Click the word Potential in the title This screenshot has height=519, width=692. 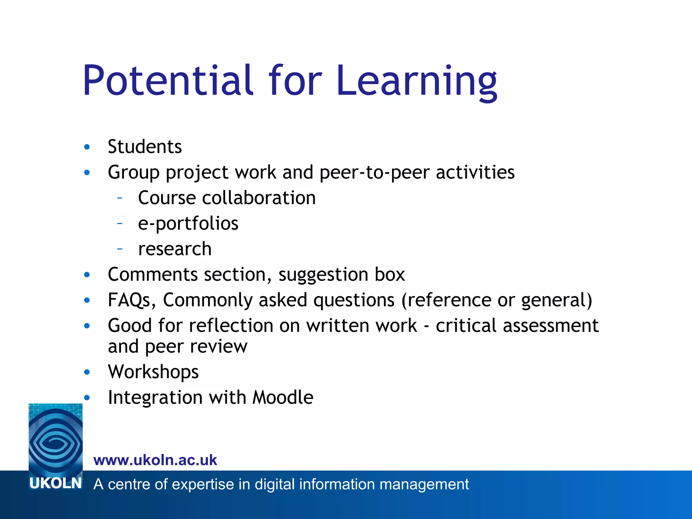pos(168,81)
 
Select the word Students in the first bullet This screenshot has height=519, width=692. pos(145,147)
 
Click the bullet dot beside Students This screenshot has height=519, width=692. pos(87,147)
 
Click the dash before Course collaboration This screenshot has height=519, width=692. pos(120,198)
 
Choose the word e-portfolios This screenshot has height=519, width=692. pos(188,224)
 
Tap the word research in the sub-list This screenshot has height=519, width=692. pos(175,249)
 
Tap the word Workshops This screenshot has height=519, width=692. pos(153,372)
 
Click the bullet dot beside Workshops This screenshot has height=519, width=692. pos(87,372)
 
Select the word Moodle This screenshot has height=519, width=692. pos(283,397)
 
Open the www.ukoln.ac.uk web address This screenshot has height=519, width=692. pos(155,460)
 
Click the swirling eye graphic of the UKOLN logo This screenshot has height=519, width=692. pos(56,439)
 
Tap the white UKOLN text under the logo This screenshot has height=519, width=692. pos(55,483)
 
